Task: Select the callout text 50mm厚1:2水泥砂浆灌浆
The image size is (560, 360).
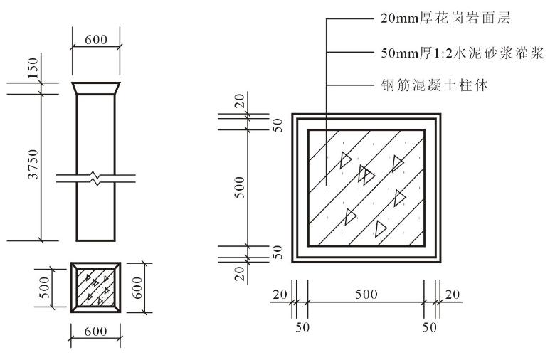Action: coord(463,53)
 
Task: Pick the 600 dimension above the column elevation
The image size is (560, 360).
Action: coord(96,40)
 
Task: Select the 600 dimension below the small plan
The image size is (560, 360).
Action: coord(95,332)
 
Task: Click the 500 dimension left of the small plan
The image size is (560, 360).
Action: coord(44,287)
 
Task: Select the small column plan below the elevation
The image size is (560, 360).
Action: coord(96,287)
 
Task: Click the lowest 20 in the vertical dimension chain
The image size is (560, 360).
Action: coord(240,272)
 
